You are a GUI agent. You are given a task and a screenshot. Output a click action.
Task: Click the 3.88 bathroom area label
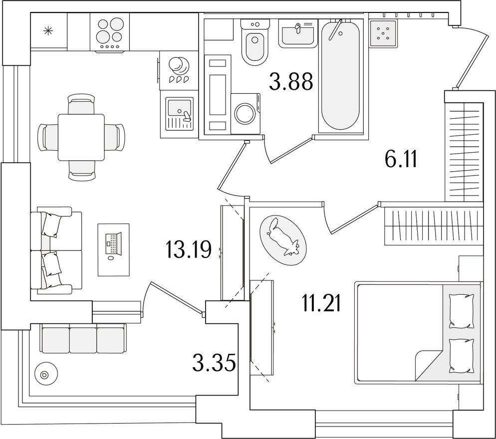click(291, 81)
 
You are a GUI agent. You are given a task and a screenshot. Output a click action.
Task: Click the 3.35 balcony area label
click(214, 363)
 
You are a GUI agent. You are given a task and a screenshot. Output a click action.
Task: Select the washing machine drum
click(244, 114)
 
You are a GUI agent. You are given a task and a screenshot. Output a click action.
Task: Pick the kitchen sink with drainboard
click(180, 114)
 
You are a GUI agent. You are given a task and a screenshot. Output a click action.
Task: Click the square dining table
click(81, 137)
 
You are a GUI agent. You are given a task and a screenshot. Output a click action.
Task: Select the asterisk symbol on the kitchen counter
click(48, 30)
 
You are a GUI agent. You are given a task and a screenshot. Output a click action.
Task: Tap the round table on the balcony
click(44, 375)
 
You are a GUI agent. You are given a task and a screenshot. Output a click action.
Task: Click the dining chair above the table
click(81, 104)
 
